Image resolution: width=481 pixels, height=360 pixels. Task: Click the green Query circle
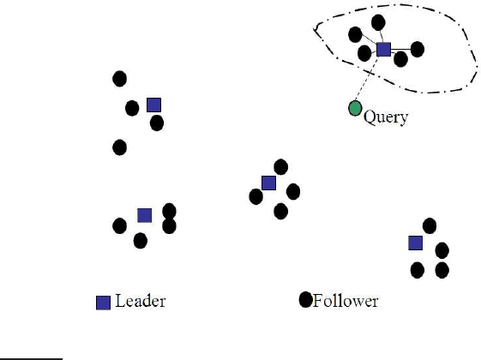tap(355, 108)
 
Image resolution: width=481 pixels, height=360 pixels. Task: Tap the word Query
tap(386, 117)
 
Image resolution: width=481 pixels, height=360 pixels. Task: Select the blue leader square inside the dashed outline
tap(383, 50)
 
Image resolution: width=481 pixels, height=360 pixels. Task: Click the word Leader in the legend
tap(141, 301)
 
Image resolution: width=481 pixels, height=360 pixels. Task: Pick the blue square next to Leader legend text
tap(103, 303)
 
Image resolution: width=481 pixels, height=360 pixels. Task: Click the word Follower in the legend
tap(346, 301)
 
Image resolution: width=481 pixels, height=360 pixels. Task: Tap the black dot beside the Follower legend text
tap(305, 300)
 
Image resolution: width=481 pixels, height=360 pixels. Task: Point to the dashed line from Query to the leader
tap(367, 79)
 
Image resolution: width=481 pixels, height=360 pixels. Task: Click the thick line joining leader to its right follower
tap(400, 50)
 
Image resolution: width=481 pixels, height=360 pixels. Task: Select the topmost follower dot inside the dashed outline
tap(378, 22)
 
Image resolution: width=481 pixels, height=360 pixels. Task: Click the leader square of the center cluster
tap(268, 183)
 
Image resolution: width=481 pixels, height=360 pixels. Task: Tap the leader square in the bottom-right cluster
tap(416, 243)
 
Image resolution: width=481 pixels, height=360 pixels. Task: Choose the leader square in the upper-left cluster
tap(154, 105)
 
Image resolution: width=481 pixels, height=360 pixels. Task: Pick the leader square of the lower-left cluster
tap(145, 215)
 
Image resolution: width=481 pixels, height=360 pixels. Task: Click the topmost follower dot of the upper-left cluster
tap(120, 79)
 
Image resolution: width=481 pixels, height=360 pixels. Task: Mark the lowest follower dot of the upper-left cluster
tap(120, 147)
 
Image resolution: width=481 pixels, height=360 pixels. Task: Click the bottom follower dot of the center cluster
tap(280, 212)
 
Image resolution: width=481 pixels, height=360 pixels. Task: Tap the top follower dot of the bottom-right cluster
tap(430, 226)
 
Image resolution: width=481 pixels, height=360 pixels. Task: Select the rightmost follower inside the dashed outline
tap(418, 50)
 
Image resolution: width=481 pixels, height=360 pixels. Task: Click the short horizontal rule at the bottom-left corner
tap(31, 359)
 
